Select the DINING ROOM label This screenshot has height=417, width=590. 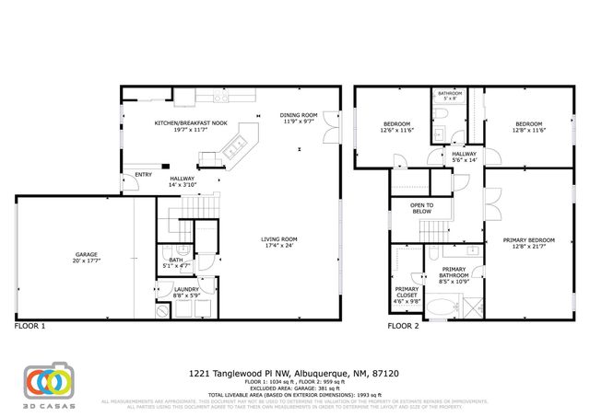(x=299, y=115)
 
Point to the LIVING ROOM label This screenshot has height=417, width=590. (x=280, y=239)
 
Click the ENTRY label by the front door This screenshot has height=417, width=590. (x=143, y=174)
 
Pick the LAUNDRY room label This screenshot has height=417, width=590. (x=187, y=289)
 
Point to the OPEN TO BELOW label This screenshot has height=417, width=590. (x=421, y=208)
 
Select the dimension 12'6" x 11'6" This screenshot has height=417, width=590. (x=397, y=131)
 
